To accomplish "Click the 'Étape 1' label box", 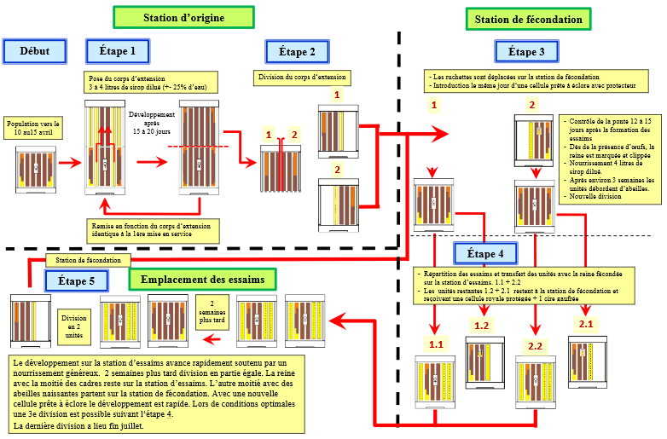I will (x=118, y=52).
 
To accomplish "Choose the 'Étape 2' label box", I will (x=297, y=52).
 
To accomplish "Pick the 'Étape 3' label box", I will (x=525, y=52).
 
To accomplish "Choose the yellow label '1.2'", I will (x=481, y=326).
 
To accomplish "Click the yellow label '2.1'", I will (x=587, y=323).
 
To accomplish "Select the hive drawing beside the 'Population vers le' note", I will (x=36, y=170).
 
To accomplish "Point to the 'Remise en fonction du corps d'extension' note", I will (x=154, y=229).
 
